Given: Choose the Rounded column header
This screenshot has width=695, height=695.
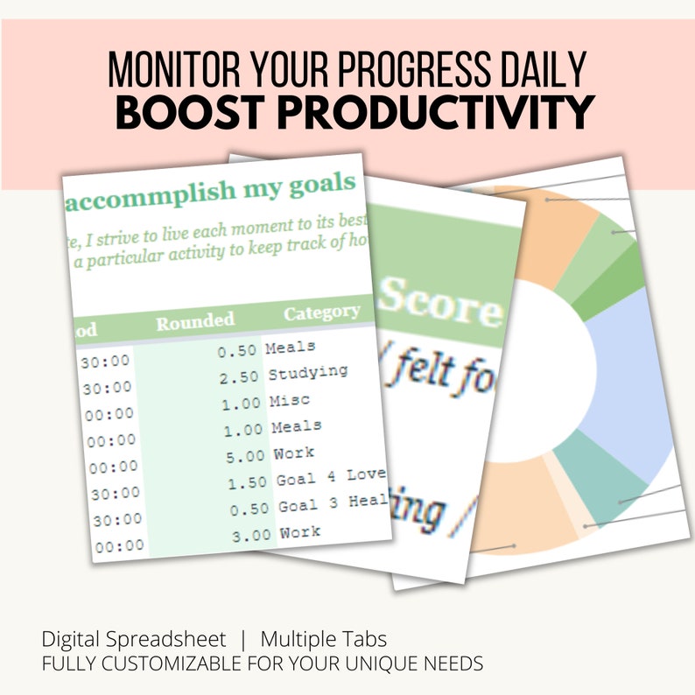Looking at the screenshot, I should [x=194, y=320].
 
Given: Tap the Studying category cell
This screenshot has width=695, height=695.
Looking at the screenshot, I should [x=307, y=372].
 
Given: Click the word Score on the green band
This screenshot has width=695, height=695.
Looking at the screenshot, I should [x=442, y=302].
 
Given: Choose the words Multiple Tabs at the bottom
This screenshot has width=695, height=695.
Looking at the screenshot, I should [x=323, y=638].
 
